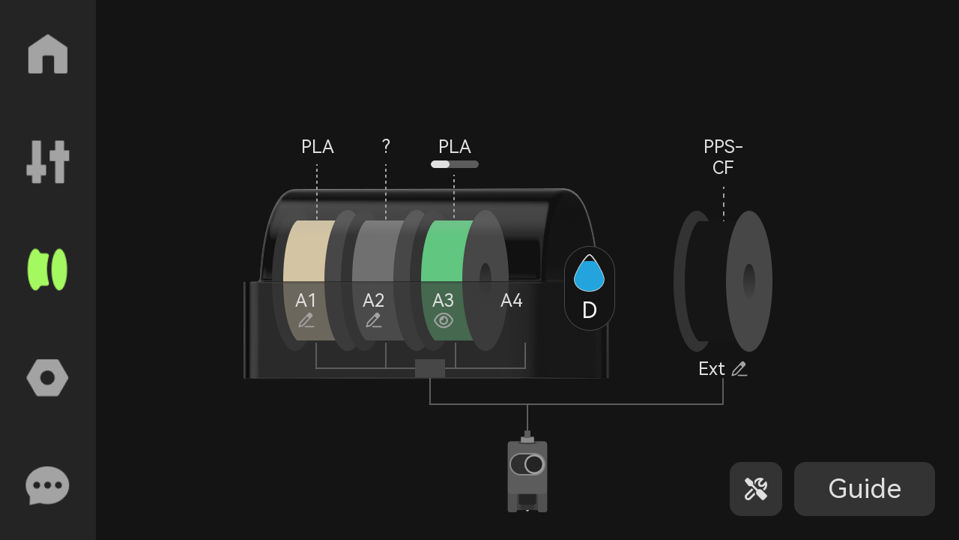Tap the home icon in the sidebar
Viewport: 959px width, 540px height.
(x=47, y=54)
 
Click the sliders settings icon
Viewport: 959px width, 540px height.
(x=47, y=161)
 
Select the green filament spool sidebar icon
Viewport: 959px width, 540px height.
(x=47, y=269)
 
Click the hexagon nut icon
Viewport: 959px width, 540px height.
(x=47, y=377)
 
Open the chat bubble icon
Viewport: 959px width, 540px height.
(x=47, y=485)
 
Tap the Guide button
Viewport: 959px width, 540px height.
(x=865, y=488)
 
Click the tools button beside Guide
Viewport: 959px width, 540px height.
(x=756, y=488)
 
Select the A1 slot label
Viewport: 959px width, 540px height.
(x=306, y=301)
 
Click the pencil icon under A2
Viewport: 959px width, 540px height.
(x=374, y=320)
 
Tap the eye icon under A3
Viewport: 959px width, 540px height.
(x=444, y=320)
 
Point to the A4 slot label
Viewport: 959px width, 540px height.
(x=512, y=301)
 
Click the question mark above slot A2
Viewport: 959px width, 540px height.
(x=386, y=146)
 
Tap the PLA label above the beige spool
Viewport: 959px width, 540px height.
(x=317, y=146)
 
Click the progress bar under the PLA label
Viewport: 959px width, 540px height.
(x=455, y=164)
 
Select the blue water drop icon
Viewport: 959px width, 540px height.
(x=589, y=273)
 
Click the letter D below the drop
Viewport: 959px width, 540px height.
(x=590, y=310)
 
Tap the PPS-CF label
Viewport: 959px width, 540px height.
(x=723, y=157)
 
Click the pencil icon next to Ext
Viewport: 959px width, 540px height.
(x=739, y=369)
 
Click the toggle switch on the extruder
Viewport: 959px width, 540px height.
(x=527, y=464)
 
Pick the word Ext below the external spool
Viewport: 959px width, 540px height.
(x=712, y=368)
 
